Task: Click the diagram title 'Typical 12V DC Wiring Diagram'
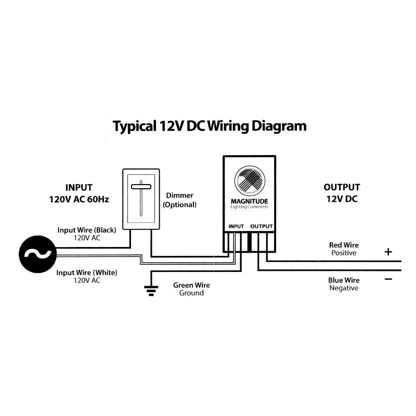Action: pyautogui.click(x=210, y=126)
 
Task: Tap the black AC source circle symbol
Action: pyautogui.click(x=37, y=254)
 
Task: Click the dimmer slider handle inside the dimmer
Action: pyautogui.click(x=140, y=186)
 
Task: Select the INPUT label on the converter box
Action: pyautogui.click(x=236, y=226)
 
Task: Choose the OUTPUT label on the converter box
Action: pyautogui.click(x=262, y=226)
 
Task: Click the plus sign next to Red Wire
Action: pyautogui.click(x=388, y=252)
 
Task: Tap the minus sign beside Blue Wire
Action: pyautogui.click(x=388, y=279)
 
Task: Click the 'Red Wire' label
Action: pyautogui.click(x=344, y=245)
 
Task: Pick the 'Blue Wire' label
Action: pyautogui.click(x=344, y=280)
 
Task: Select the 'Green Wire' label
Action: pyautogui.click(x=191, y=285)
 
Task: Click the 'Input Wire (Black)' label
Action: pyautogui.click(x=87, y=230)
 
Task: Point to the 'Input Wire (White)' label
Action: pyautogui.click(x=87, y=272)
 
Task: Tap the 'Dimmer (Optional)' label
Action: pyautogui.click(x=179, y=200)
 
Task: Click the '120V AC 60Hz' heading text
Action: pyautogui.click(x=80, y=199)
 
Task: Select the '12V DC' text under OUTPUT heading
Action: pyautogui.click(x=342, y=199)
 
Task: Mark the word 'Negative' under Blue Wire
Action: pyautogui.click(x=344, y=288)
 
